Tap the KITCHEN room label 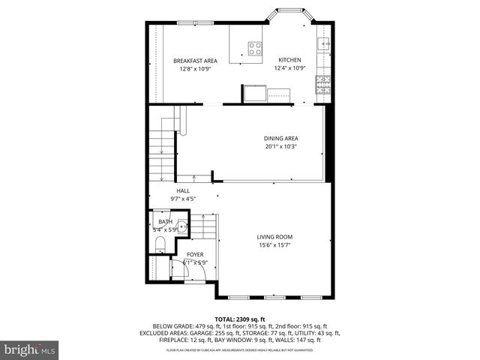pos(289,60)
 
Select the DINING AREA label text pos(280,138)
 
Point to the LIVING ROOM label pos(275,237)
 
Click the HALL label pos(183,190)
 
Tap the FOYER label pos(195,255)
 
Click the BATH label pos(164,222)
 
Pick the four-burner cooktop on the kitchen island pos(255,49)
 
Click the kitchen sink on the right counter pos(325,43)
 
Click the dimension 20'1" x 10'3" pos(280,146)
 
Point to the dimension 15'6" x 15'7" pos(275,245)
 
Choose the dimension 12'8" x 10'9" pos(195,69)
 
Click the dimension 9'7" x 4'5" pos(183,199)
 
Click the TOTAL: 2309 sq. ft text pos(239,318)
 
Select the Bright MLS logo pos(30,350)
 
